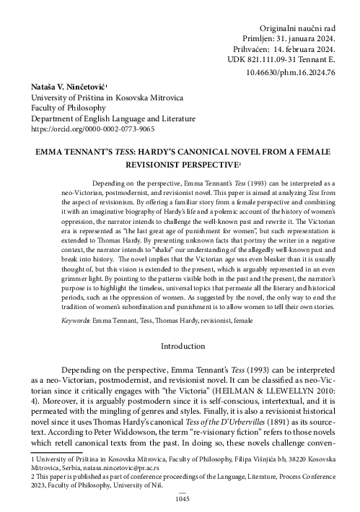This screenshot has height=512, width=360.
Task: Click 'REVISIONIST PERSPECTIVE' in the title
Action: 176,165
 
